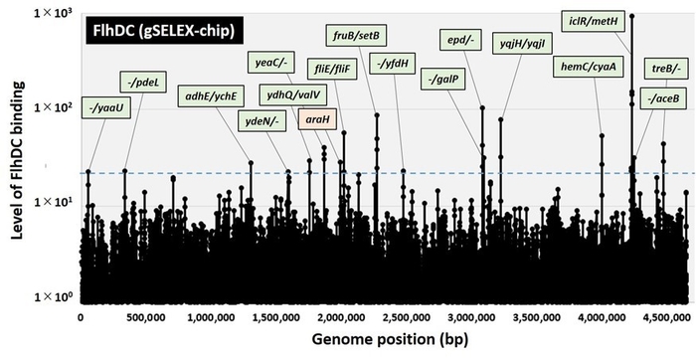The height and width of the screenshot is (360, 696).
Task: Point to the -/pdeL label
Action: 145,79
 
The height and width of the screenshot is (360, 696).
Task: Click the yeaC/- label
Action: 270,63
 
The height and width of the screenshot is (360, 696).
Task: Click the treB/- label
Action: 665,68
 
